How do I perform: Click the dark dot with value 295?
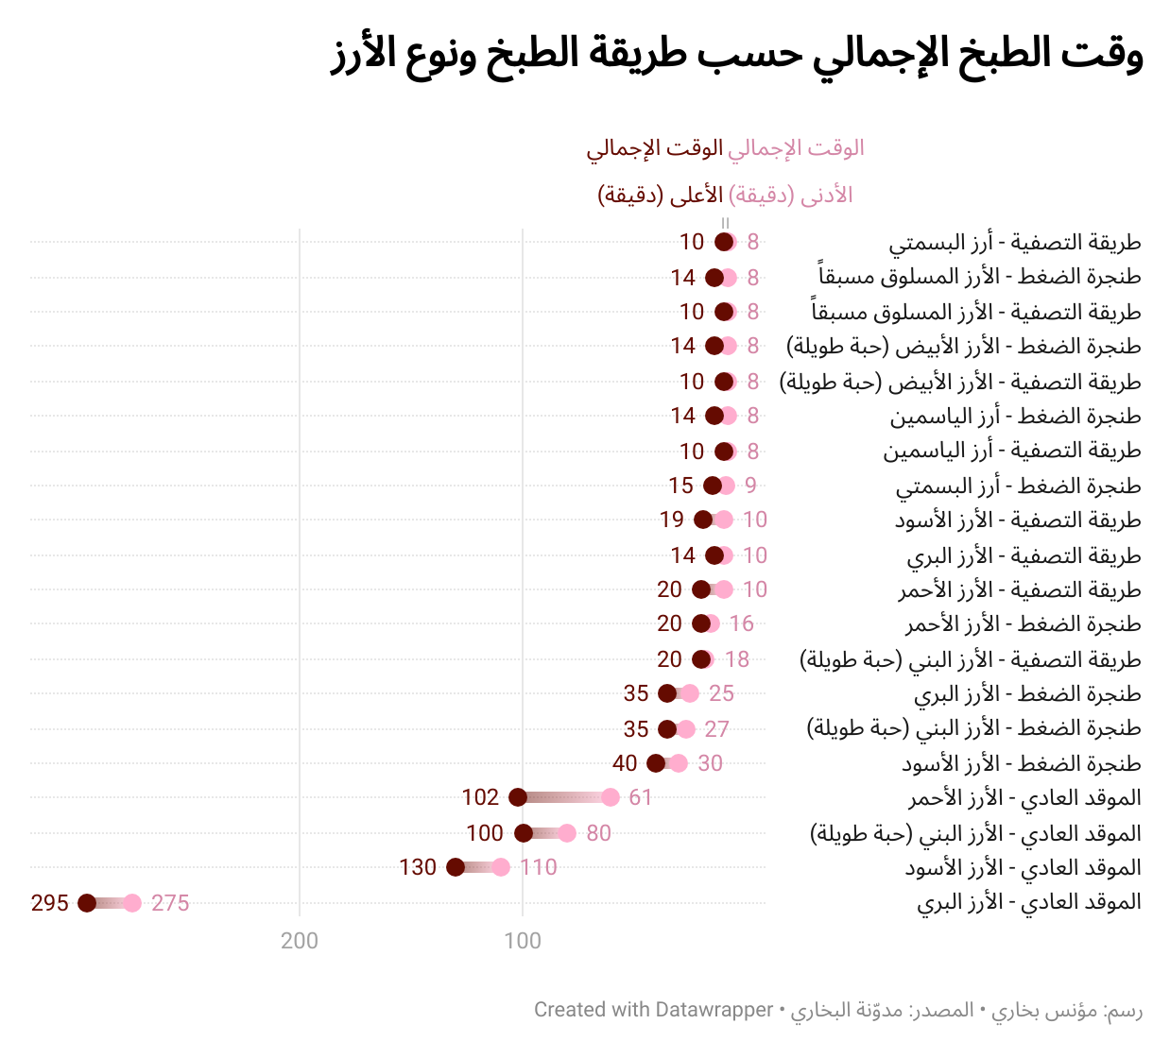point(87,903)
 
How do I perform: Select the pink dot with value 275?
point(132,903)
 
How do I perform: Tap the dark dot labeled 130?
point(456,867)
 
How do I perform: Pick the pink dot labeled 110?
point(501,867)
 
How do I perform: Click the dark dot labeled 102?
point(518,797)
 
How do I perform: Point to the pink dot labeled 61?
point(611,797)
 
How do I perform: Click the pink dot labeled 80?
point(567,833)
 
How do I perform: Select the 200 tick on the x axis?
point(300,941)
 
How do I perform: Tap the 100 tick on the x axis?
point(523,941)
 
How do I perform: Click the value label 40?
point(625,763)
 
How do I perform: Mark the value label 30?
point(710,763)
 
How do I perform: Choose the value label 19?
point(672,520)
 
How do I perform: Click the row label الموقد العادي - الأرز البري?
point(1028,902)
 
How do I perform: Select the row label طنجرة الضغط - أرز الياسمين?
point(1015,416)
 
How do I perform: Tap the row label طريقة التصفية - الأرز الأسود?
point(1018,520)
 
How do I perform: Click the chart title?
point(737,55)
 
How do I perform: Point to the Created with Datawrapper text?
point(654,1010)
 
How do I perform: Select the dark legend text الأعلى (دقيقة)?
point(661,196)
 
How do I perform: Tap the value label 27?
point(717,729)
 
